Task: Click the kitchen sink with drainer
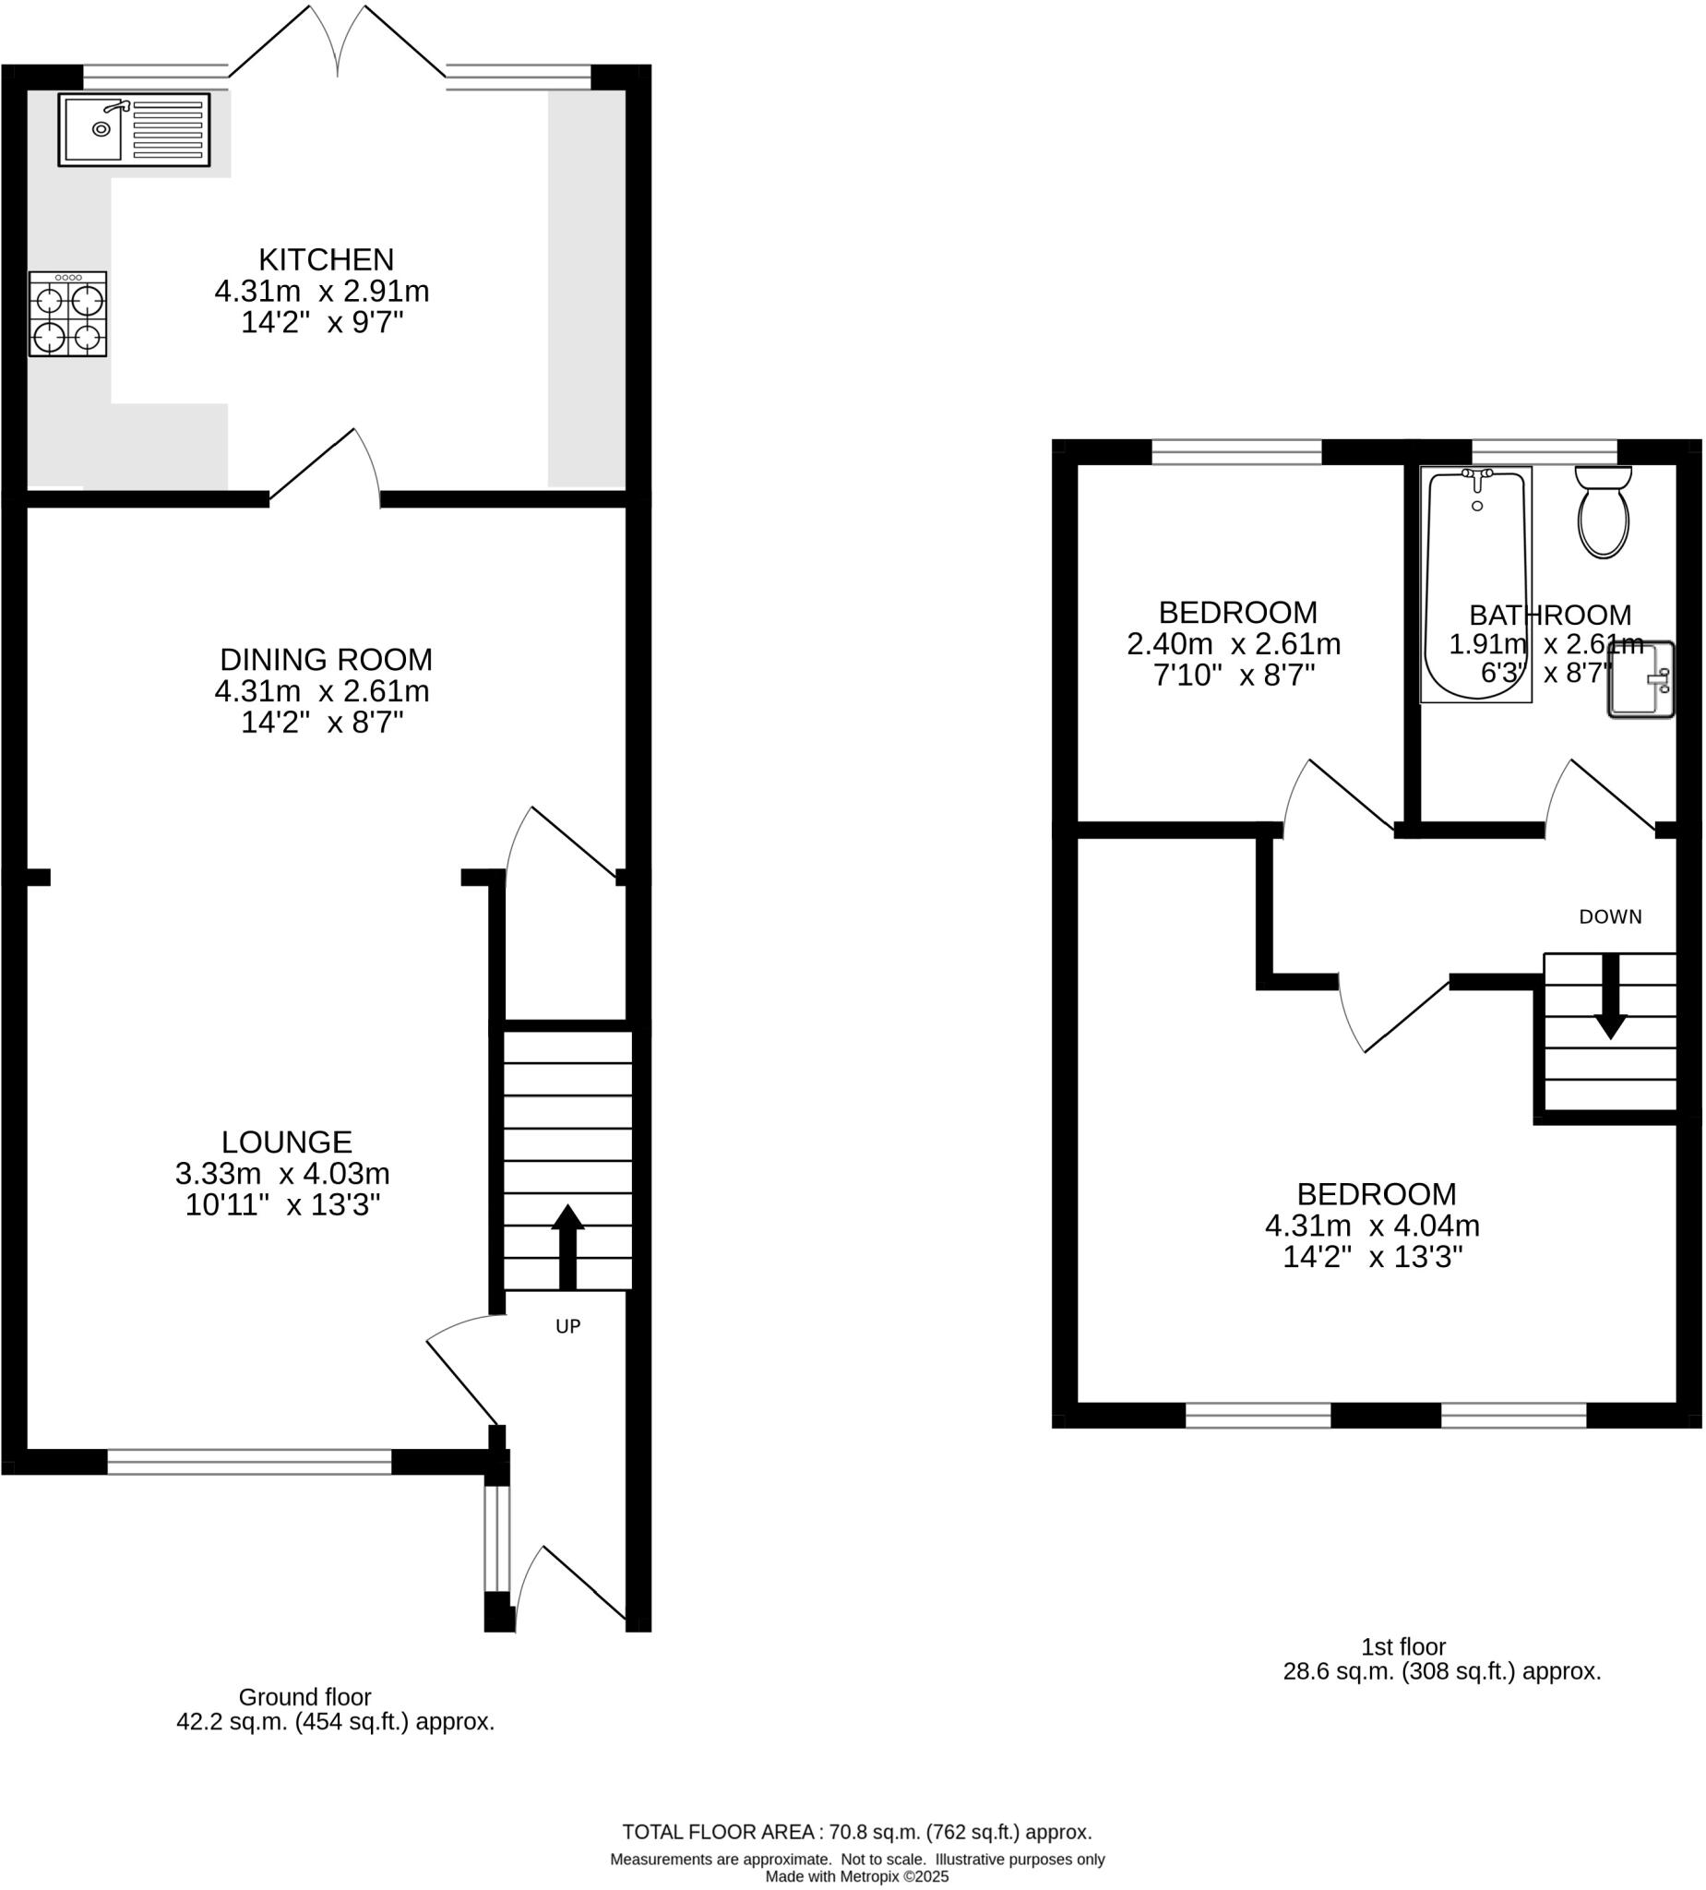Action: (134, 130)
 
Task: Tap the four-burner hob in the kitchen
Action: (67, 314)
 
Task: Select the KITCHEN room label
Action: (327, 258)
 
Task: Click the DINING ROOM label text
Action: (327, 660)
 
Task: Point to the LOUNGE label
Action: (287, 1142)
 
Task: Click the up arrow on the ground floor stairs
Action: (567, 1246)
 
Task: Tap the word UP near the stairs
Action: (568, 1326)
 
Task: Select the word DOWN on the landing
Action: (1610, 917)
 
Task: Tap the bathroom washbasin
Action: (1641, 680)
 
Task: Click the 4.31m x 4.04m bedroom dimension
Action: (1372, 1226)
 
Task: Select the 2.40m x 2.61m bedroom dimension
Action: (1234, 645)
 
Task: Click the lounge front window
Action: (249, 1463)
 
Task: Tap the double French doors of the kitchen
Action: (338, 42)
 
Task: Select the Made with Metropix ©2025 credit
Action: (857, 1877)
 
